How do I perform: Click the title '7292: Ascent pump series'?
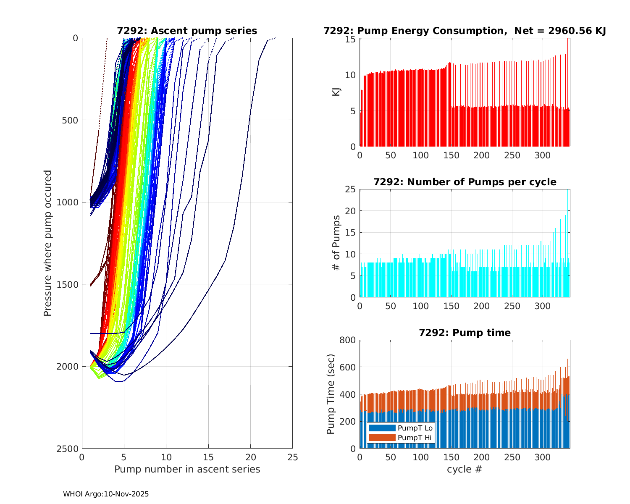187,31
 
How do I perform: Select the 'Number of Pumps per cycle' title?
465,182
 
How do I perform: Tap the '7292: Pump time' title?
465,333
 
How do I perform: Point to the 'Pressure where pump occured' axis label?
48,243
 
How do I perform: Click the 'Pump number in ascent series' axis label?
187,469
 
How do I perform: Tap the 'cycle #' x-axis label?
465,469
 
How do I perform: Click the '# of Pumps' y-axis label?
336,243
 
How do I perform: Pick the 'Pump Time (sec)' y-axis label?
331,394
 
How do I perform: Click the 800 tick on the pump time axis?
348,340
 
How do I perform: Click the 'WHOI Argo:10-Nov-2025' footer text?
106,494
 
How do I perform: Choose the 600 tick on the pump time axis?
348,367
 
